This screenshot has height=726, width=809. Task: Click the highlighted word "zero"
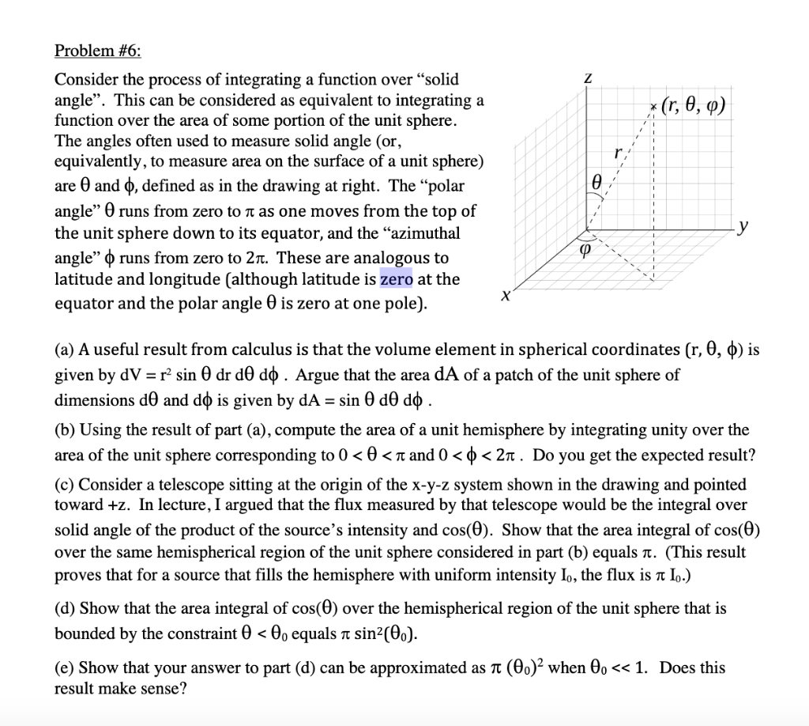coord(396,279)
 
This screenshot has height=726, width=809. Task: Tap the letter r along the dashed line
coord(627,150)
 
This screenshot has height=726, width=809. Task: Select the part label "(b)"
coord(65,430)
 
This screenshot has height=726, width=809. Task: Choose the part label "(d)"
coord(65,608)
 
